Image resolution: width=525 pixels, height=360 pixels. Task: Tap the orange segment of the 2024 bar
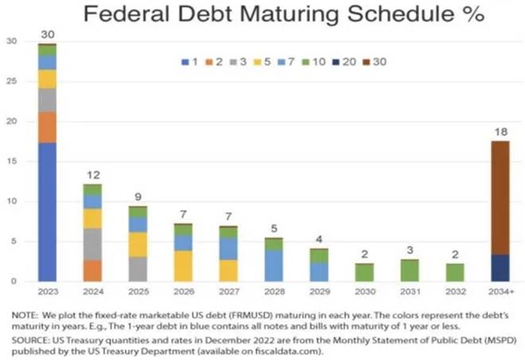click(91, 270)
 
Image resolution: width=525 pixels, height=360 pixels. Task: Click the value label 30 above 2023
click(48, 34)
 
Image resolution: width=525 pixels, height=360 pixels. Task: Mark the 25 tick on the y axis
click(11, 81)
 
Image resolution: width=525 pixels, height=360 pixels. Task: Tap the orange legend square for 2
click(209, 60)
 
